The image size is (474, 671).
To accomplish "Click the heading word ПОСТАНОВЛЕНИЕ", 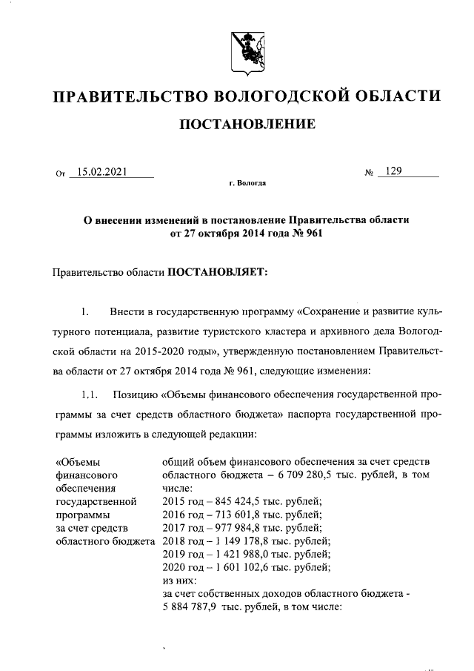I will tap(247, 124).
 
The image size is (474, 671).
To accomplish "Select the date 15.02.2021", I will tap(102, 172).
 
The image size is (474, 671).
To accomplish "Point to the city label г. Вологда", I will tap(248, 182).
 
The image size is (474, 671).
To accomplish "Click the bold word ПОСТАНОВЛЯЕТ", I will tap(219, 273).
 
